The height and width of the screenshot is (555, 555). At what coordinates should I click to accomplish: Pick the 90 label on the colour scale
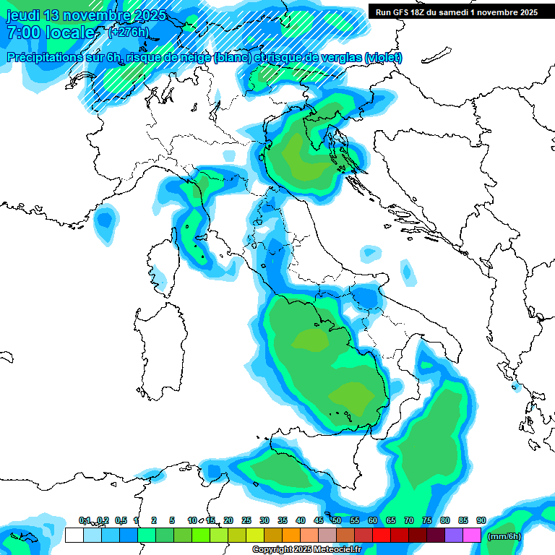(x=481, y=520)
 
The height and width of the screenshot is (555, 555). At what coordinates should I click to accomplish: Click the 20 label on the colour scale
(x=228, y=520)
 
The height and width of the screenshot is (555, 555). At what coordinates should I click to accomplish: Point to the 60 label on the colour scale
(x=373, y=520)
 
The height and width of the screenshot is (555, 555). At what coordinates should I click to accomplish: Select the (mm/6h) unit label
(x=504, y=535)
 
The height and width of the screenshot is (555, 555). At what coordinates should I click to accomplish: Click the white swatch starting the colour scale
(x=74, y=535)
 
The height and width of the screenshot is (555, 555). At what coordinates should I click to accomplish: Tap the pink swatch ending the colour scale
(x=472, y=535)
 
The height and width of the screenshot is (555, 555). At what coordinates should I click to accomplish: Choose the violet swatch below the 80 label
(x=454, y=535)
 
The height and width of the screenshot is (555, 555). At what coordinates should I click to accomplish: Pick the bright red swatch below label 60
(x=382, y=535)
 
